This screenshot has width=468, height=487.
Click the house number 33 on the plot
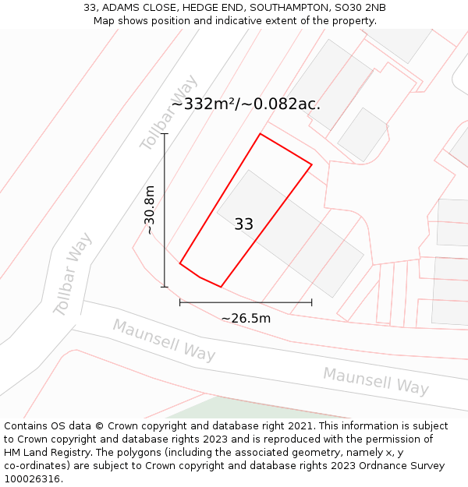point(243,224)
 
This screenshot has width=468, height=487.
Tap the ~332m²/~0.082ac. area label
point(246,104)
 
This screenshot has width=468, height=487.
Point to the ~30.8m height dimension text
point(150,210)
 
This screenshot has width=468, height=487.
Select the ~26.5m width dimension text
point(246,318)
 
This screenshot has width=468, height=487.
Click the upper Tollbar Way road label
point(169,114)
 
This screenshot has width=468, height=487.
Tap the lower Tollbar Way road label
point(73,273)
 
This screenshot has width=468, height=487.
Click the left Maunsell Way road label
point(164,340)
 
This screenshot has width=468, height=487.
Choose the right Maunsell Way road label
point(376,380)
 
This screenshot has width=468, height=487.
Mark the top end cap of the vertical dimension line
point(165,134)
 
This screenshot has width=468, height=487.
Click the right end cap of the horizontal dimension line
point(311,302)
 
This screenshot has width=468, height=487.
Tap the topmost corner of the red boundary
point(260,134)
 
